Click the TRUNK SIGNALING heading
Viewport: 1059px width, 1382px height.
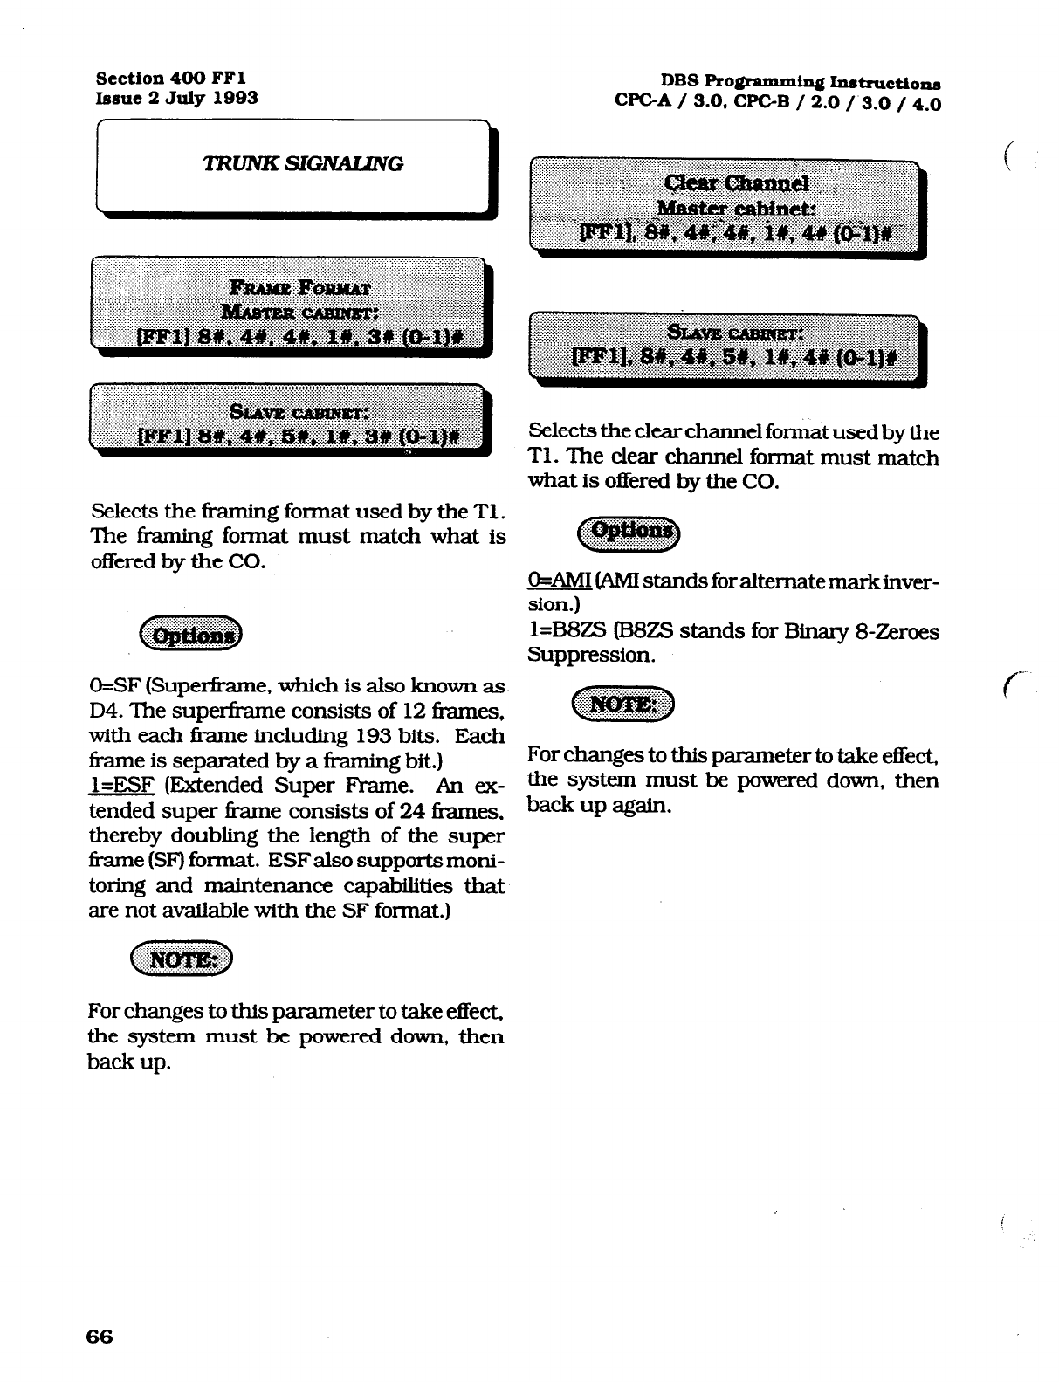click(x=302, y=163)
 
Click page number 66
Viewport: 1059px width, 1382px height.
click(x=100, y=1337)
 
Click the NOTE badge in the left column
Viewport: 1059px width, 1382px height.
click(x=182, y=960)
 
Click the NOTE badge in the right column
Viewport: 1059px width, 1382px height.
click(x=622, y=704)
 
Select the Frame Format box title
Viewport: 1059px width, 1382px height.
click(x=299, y=287)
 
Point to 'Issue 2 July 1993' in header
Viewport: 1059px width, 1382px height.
click(x=175, y=97)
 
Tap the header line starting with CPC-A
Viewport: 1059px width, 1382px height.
click(x=777, y=103)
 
